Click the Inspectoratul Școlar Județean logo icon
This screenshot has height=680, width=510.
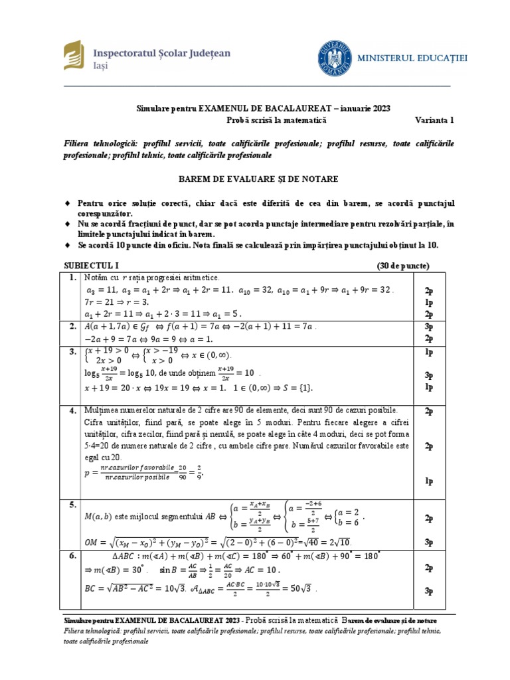(72, 55)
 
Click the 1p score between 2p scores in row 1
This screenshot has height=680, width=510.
(428, 302)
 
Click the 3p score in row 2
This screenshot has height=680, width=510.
(428, 327)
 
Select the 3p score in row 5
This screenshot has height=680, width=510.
(428, 542)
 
